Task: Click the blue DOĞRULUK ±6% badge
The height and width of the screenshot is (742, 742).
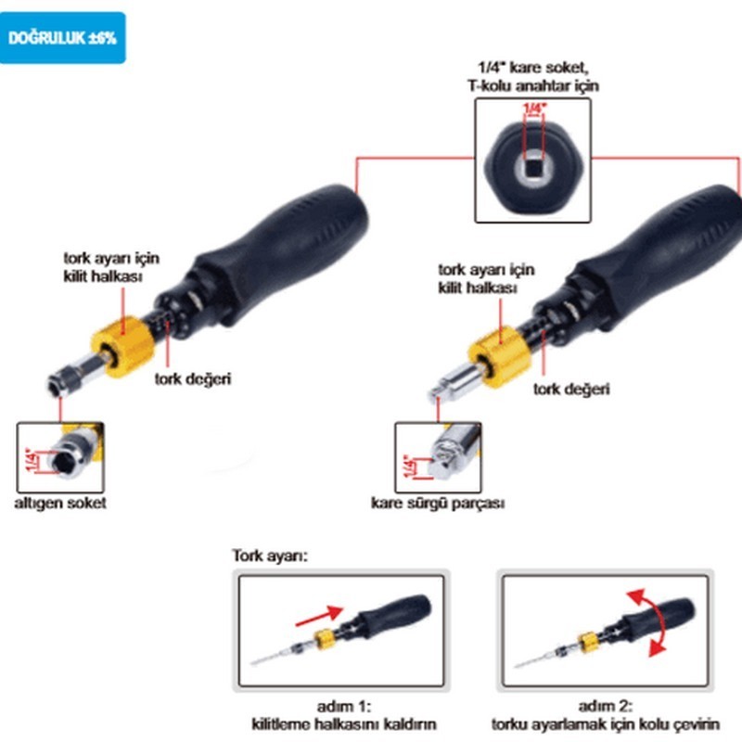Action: pos(62,38)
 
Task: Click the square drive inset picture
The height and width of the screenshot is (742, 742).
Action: pos(439,457)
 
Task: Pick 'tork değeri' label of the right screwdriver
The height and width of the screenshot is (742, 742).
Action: pos(571,389)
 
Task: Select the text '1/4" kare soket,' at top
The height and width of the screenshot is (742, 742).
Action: pos(532,67)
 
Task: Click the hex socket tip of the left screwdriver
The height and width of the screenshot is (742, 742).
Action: pos(64,378)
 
